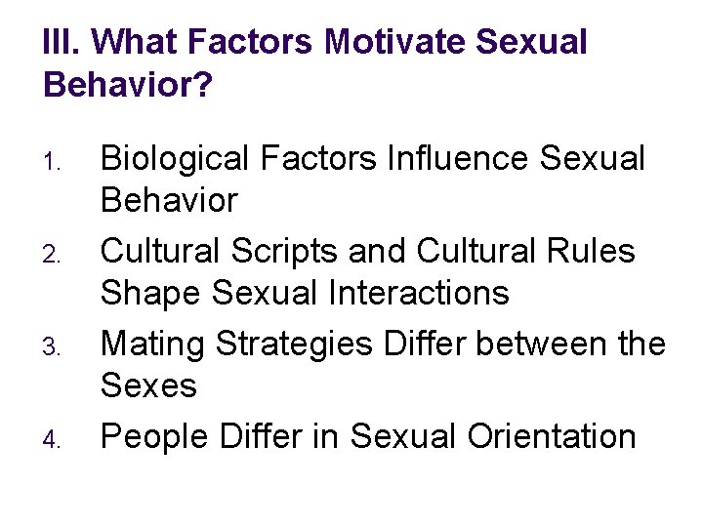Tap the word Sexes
click(x=149, y=385)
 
